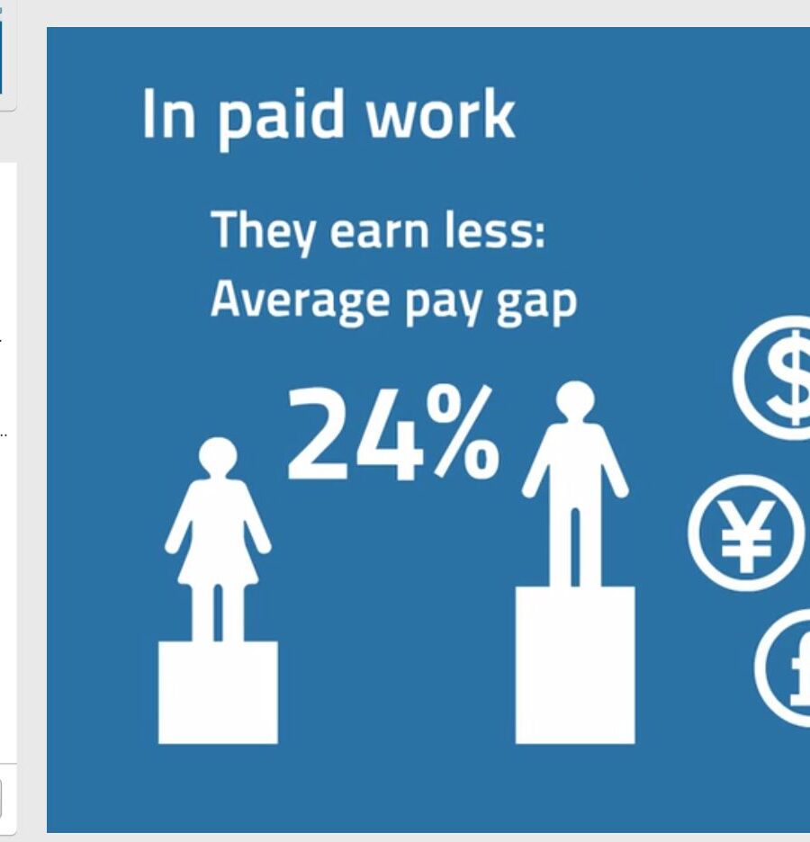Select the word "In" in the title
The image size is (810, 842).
point(168,114)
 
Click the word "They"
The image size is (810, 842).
point(263,232)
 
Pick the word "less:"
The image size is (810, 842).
point(494,229)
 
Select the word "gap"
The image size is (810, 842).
point(535,304)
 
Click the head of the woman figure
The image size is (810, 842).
point(218,456)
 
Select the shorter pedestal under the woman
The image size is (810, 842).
point(218,693)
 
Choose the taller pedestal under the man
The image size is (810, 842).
point(575,666)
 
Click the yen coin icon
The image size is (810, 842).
point(746,533)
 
